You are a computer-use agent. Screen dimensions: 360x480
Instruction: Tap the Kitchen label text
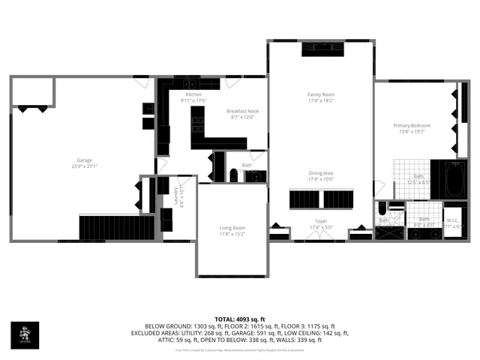click(193, 94)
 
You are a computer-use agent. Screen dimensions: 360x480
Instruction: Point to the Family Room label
click(320, 94)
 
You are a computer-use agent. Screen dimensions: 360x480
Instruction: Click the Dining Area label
click(320, 173)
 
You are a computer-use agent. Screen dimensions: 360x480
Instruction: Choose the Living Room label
click(232, 228)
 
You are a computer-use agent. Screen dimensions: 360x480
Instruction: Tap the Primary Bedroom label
click(412, 125)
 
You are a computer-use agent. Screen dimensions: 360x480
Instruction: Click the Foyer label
click(320, 222)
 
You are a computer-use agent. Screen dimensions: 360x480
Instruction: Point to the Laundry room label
click(177, 196)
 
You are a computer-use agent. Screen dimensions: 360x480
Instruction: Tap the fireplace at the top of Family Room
click(322, 49)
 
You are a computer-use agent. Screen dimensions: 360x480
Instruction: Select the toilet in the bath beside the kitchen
click(233, 175)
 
